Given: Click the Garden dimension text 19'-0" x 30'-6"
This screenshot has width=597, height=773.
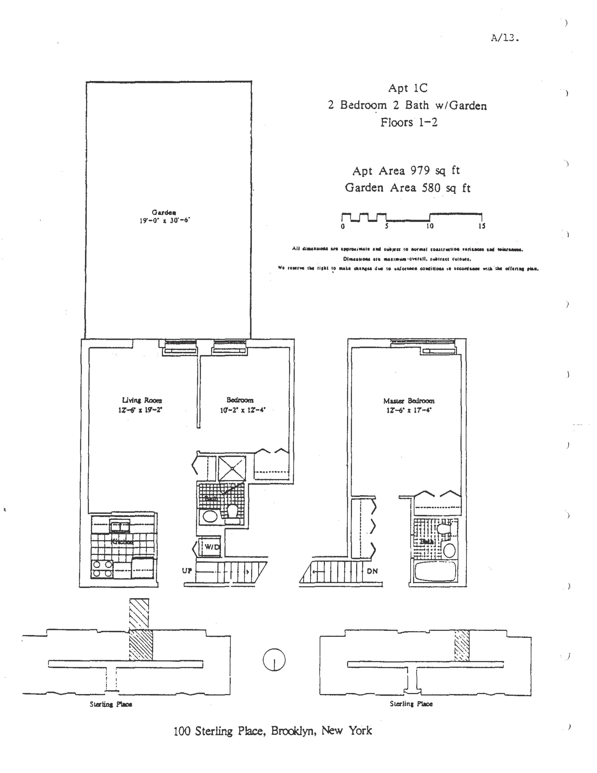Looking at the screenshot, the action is click(x=164, y=220).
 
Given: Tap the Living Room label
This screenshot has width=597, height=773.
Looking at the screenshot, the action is click(x=142, y=400).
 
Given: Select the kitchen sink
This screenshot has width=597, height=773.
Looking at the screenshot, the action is click(x=120, y=527).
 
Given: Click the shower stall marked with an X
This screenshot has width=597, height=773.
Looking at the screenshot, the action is click(x=232, y=468).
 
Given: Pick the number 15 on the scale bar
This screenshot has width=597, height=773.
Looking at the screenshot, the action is click(x=482, y=226).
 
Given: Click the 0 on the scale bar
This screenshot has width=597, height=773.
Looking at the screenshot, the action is click(x=343, y=227).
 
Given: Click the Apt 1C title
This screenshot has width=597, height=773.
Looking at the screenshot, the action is click(x=408, y=88).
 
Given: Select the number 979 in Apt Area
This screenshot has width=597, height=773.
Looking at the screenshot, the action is click(x=420, y=171).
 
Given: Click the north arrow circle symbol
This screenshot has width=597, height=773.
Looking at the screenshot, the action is click(x=274, y=660).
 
